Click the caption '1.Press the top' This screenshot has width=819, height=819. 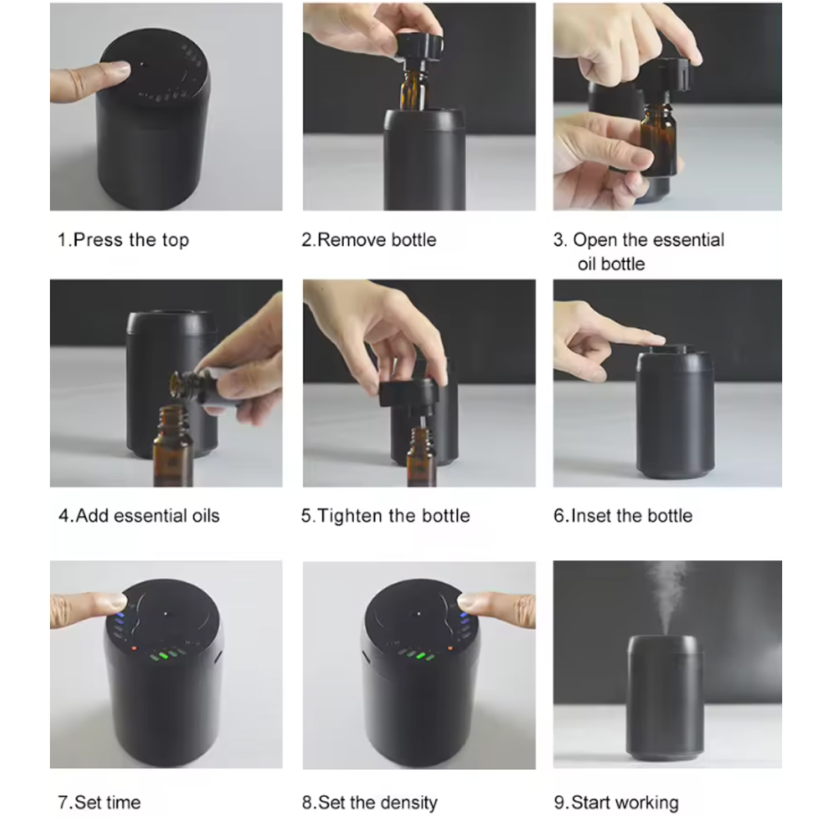pyautogui.click(x=124, y=240)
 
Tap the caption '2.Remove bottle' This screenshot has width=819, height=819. pyautogui.click(x=369, y=240)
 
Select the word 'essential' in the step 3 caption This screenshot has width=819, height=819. pyautogui.click(x=689, y=240)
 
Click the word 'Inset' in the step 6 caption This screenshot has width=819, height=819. pyautogui.click(x=591, y=515)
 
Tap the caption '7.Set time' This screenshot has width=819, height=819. pyautogui.click(x=99, y=803)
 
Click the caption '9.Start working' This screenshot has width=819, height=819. pyautogui.click(x=617, y=803)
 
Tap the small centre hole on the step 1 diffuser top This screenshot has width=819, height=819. pyautogui.click(x=143, y=65)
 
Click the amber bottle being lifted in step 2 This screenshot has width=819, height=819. pyautogui.click(x=413, y=88)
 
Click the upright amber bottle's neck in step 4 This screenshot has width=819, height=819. pyautogui.click(x=173, y=420)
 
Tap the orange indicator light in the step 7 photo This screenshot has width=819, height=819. pyautogui.click(x=134, y=648)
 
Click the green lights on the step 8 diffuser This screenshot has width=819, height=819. pyautogui.click(x=416, y=655)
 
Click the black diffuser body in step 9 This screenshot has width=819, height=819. pyautogui.click(x=665, y=697)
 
